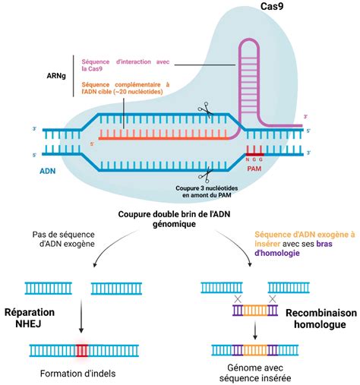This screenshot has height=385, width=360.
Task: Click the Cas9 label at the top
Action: point(272,6)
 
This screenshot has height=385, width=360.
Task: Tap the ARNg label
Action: point(56,76)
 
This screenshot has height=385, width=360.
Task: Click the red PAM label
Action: point(254,169)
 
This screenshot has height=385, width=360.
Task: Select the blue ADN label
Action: point(48,171)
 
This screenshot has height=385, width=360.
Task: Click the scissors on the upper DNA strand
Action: point(206,109)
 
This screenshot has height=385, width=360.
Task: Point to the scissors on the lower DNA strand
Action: point(206,175)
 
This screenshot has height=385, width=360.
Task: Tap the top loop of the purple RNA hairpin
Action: point(249,41)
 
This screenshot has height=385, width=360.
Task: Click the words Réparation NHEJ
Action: point(30,318)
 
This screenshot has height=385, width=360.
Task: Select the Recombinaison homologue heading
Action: point(321,318)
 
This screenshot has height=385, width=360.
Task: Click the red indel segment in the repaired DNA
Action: point(82,350)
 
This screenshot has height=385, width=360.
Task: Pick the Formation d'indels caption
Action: point(77,374)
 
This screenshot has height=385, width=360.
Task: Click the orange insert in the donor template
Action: point(255,311)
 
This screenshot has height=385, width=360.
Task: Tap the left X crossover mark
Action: point(238,299)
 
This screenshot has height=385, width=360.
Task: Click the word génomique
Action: point(174,224)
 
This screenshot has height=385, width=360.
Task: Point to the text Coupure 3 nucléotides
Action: point(207,188)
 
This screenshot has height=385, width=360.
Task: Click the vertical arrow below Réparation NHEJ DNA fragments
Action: point(81,316)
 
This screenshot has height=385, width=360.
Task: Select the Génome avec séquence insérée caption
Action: point(255,373)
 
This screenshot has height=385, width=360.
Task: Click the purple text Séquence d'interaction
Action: point(116,62)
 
